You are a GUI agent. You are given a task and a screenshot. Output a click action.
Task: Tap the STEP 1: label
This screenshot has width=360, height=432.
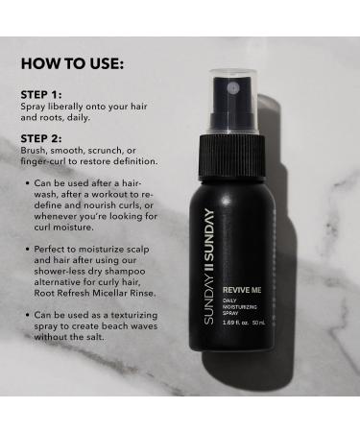[41, 94]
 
